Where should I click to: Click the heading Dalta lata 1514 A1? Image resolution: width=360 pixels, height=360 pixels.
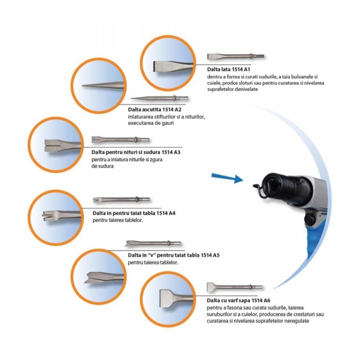tap(228, 69)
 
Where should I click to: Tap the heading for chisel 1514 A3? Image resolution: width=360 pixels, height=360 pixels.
tap(136, 152)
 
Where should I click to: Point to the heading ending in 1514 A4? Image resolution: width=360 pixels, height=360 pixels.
tap(134, 213)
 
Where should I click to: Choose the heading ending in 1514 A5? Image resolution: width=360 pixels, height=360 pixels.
tap(174, 255)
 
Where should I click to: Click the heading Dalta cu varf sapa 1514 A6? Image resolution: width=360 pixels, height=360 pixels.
tap(238, 300)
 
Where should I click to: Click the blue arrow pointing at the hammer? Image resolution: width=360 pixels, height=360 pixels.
tap(227, 178)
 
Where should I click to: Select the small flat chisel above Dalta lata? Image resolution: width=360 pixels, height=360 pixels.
tap(236, 56)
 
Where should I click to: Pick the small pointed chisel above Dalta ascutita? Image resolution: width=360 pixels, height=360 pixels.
tap(159, 98)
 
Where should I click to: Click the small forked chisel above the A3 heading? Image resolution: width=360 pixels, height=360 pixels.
tap(121, 139)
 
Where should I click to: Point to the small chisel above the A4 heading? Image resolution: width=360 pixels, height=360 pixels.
tap(121, 199)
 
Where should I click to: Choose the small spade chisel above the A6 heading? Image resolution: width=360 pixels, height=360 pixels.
tap(235, 287)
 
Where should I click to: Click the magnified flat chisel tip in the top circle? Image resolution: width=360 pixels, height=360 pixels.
tap(172, 66)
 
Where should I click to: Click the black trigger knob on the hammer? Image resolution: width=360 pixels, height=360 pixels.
tap(309, 217)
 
